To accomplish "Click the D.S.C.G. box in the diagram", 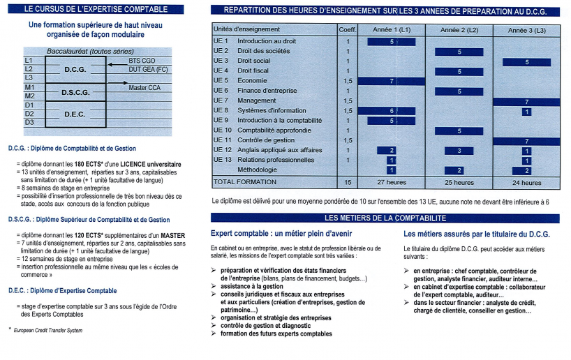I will coord(75,92).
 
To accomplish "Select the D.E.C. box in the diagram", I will coord(75,114).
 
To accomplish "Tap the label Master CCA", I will coord(145,88).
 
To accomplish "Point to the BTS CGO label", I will coord(142,61).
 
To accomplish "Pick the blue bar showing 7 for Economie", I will coord(392,81).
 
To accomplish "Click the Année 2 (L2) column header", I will coord(459,31).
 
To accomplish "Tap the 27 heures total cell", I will coord(391,183).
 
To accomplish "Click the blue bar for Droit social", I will coord(526,61).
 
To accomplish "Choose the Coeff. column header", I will coord(347,30).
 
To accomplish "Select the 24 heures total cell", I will coord(526,183).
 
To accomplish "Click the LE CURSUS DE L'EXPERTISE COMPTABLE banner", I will coord(95,9).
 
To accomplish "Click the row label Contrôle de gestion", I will coord(266,140).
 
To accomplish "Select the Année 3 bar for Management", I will coord(526,101).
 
